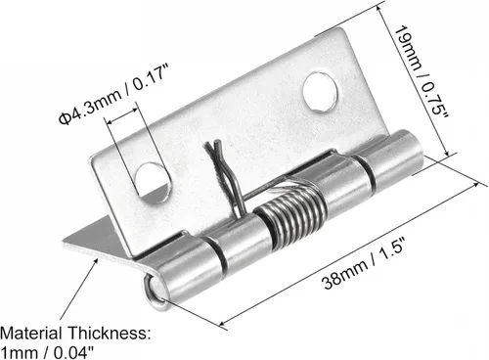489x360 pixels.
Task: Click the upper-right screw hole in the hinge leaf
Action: point(320,93)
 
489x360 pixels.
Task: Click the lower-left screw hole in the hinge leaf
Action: point(153,184)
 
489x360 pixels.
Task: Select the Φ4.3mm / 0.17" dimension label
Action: point(113,95)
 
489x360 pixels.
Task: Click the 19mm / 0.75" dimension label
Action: point(422,73)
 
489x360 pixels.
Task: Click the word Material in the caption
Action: point(31,334)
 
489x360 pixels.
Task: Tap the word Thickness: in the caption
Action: point(110,334)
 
